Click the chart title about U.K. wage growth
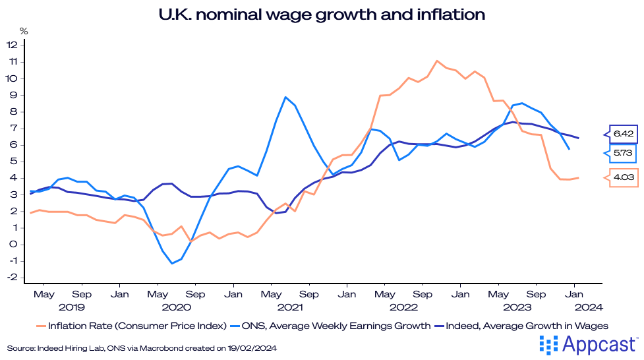(x=322, y=14)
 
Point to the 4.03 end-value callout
(x=624, y=178)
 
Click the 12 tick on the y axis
(x=12, y=45)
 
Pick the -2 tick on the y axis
(x=12, y=278)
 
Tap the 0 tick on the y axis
(x=14, y=245)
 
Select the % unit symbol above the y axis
(x=24, y=31)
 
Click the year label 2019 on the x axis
(x=72, y=307)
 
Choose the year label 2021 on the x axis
(x=290, y=307)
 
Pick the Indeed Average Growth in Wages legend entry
(x=524, y=325)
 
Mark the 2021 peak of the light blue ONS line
(x=285, y=98)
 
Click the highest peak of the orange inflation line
(x=437, y=61)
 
